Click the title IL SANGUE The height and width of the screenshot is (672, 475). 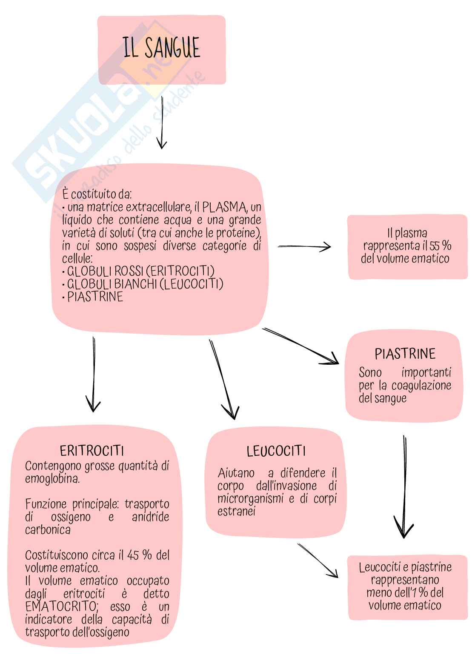click(162, 48)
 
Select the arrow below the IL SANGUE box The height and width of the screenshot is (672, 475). click(161, 123)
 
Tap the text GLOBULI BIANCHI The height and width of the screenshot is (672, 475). click(112, 284)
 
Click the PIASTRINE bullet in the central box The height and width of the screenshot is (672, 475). click(95, 297)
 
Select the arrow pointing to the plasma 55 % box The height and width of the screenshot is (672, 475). click(304, 246)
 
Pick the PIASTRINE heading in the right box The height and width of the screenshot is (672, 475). click(405, 354)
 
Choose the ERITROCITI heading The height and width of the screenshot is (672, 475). click(92, 451)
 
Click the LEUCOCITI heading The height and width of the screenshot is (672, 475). click(276, 451)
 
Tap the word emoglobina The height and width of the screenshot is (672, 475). click(52, 479)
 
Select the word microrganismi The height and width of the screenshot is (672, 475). click(250, 498)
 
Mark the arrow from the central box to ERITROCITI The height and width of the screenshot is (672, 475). click(93, 375)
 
